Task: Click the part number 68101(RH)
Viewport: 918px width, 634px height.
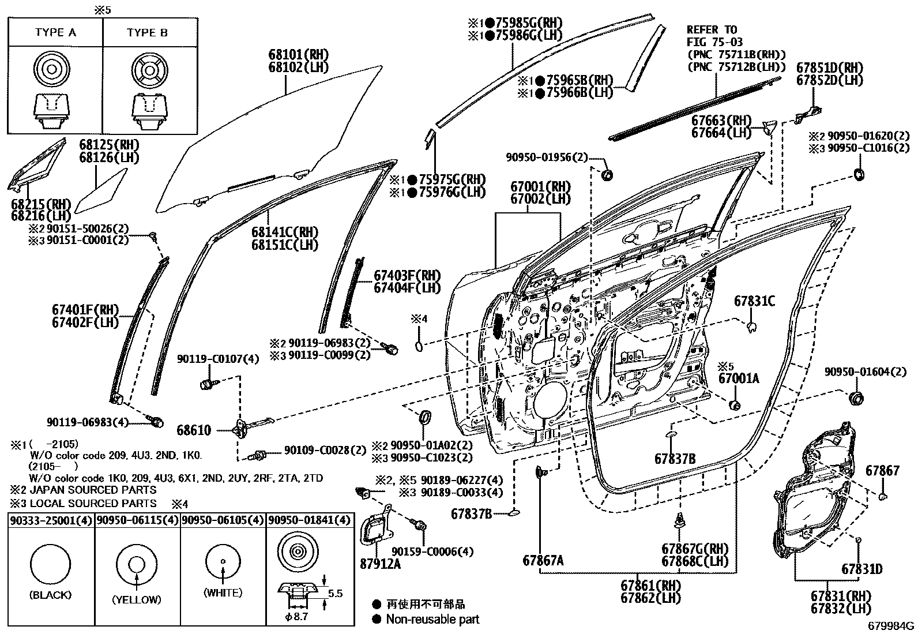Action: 298,54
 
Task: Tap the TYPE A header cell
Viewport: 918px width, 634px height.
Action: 55,32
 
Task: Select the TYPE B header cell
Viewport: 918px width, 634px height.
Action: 147,32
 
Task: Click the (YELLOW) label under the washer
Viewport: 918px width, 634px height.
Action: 137,599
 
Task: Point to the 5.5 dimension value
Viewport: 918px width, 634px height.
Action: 336,592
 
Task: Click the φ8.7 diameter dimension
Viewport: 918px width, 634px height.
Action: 298,617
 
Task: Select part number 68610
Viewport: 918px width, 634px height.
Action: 194,430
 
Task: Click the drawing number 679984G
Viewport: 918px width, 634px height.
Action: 891,625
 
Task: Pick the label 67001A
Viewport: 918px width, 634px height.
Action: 739,378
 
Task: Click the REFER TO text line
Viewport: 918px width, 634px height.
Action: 712,29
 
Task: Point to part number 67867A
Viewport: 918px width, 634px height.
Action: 543,560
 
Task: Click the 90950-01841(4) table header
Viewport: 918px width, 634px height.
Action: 309,520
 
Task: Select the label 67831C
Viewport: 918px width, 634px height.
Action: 754,301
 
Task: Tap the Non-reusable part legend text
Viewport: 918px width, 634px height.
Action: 432,620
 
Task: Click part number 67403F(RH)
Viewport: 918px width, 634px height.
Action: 407,275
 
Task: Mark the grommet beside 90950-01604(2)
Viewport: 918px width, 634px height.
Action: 856,399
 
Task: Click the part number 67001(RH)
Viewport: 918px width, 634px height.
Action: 540,186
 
